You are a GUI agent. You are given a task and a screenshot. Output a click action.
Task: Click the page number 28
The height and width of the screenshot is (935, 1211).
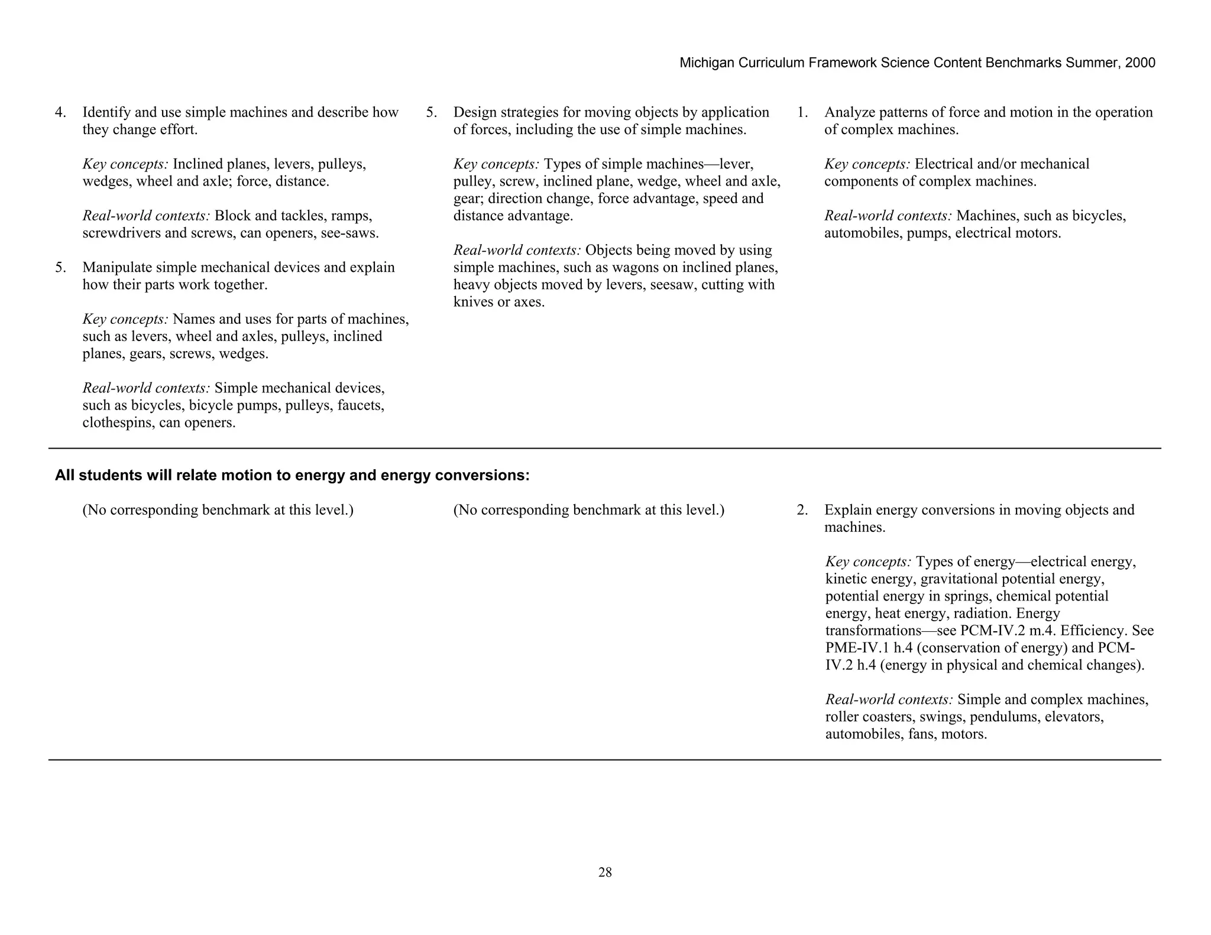605,872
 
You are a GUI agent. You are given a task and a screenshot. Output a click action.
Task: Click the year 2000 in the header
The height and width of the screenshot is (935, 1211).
1140,63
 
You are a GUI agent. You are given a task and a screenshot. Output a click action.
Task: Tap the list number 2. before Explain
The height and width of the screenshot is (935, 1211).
802,510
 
